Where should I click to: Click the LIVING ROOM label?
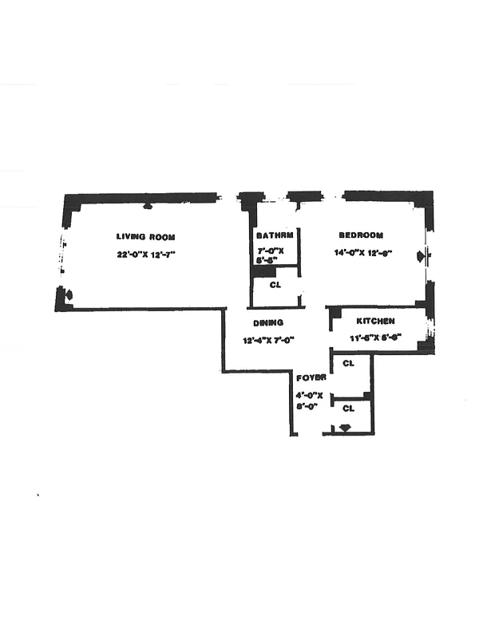click(x=145, y=237)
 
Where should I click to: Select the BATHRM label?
click(x=275, y=236)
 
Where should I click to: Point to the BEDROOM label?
click(x=361, y=235)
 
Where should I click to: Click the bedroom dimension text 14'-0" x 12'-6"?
click(x=363, y=254)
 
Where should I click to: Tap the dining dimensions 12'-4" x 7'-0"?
click(x=270, y=341)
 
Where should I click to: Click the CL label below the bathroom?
click(x=275, y=285)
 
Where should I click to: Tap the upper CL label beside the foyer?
click(x=348, y=364)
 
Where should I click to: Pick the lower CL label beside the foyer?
click(x=348, y=408)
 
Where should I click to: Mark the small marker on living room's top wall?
click(x=147, y=205)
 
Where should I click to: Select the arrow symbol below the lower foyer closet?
click(x=344, y=428)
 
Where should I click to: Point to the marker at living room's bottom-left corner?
click(x=68, y=295)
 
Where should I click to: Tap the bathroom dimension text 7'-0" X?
click(x=271, y=251)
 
